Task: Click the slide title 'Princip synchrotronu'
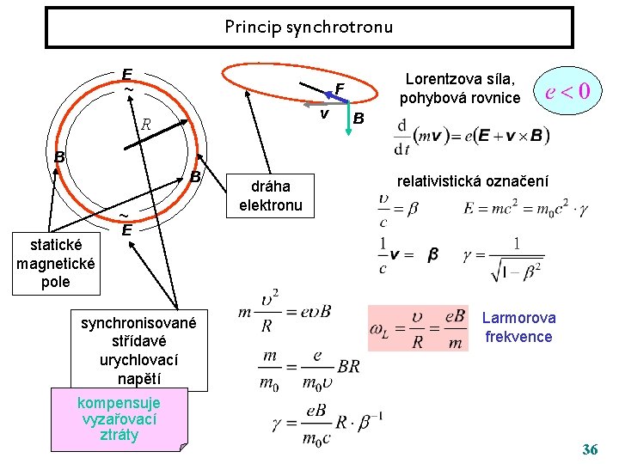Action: pyautogui.click(x=309, y=27)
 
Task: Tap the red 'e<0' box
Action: pyautogui.click(x=567, y=89)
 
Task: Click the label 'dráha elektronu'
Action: pyautogui.click(x=270, y=196)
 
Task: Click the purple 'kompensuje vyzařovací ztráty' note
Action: pyautogui.click(x=119, y=418)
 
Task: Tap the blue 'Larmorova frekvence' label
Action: pyautogui.click(x=518, y=327)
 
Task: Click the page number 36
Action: pyautogui.click(x=590, y=449)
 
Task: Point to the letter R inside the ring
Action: pyautogui.click(x=146, y=124)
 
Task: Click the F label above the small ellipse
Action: pyautogui.click(x=340, y=89)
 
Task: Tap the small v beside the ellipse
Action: pyautogui.click(x=324, y=114)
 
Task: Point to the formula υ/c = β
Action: pyautogui.click(x=397, y=208)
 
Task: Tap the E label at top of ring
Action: pyautogui.click(x=126, y=74)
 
